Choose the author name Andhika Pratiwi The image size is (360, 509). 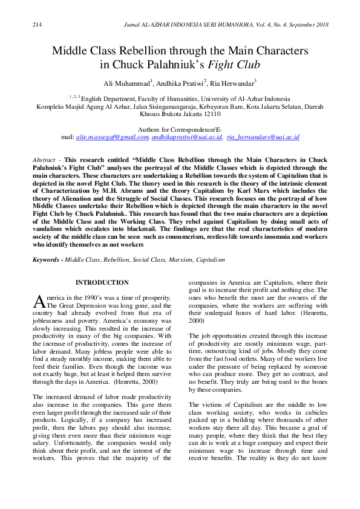[180, 82]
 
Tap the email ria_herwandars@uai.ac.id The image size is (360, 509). [263, 137]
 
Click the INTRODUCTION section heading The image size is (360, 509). [102, 282]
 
